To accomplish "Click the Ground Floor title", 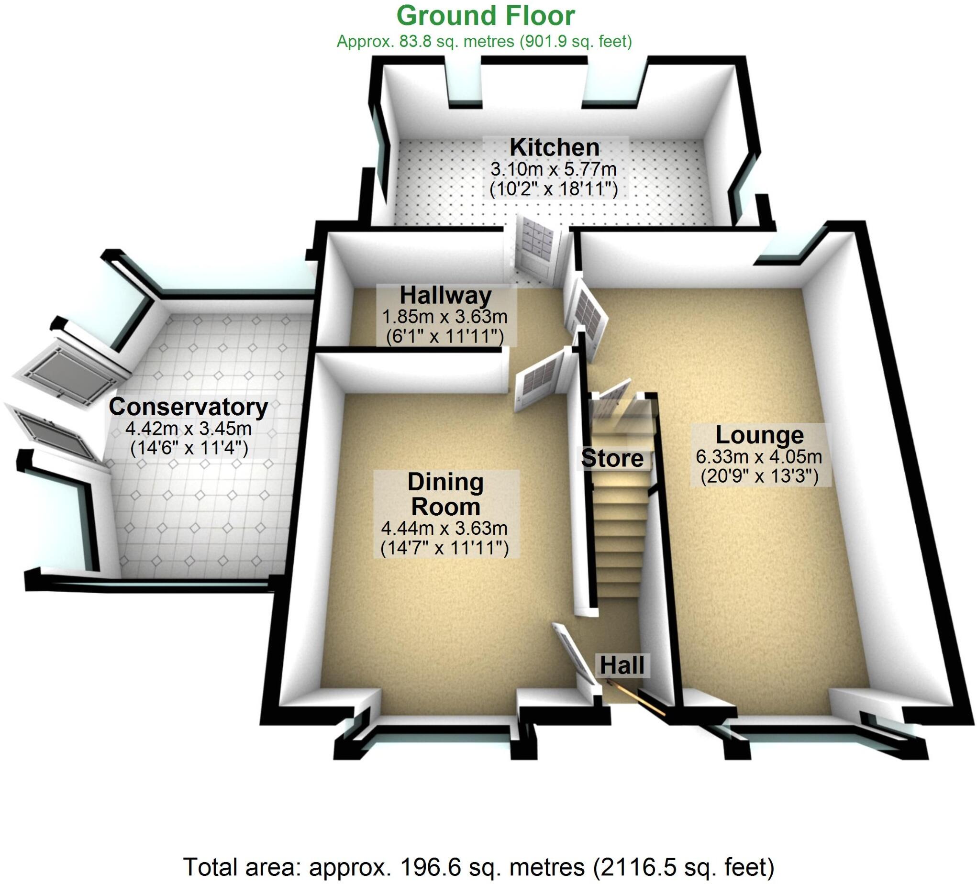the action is [x=486, y=16].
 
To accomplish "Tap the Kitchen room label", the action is [x=555, y=147].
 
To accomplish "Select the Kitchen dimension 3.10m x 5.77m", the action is [x=554, y=169].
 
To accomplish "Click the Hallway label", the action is [x=446, y=295].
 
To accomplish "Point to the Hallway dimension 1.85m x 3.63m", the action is [x=445, y=317].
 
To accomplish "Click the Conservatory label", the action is [x=188, y=407].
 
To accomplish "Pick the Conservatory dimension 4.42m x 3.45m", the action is [x=188, y=429].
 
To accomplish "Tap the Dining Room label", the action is [x=445, y=494].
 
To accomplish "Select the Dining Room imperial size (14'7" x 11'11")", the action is [x=444, y=548].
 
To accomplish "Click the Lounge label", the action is [x=759, y=435].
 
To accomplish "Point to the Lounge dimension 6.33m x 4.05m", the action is [x=759, y=456].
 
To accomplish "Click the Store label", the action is [x=612, y=458].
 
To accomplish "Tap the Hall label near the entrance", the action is [x=622, y=665].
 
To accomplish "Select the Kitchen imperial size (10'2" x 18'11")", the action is [x=554, y=189].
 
